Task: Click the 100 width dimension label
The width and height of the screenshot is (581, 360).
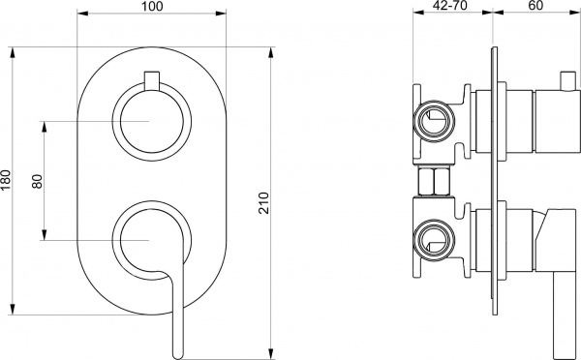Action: click(151, 8)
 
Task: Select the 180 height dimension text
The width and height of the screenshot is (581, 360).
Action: click(6, 179)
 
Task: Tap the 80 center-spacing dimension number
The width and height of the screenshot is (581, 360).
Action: click(37, 180)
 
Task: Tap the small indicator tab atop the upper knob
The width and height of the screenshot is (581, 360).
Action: click(150, 79)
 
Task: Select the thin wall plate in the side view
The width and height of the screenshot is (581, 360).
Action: click(498, 179)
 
